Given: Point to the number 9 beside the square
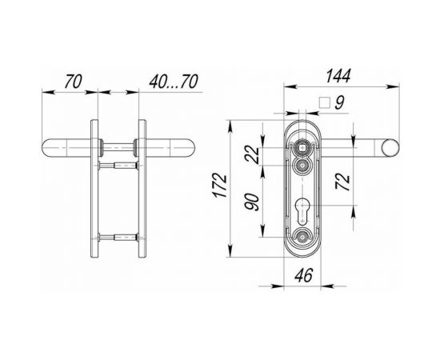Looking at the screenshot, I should [339, 102].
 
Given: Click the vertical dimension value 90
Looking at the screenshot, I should [254, 198].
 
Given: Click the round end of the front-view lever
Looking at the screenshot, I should [391, 148].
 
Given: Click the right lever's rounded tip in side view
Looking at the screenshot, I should [190, 149].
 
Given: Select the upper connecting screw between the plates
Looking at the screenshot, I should [119, 165].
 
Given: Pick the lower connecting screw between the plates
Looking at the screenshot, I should [119, 236].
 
